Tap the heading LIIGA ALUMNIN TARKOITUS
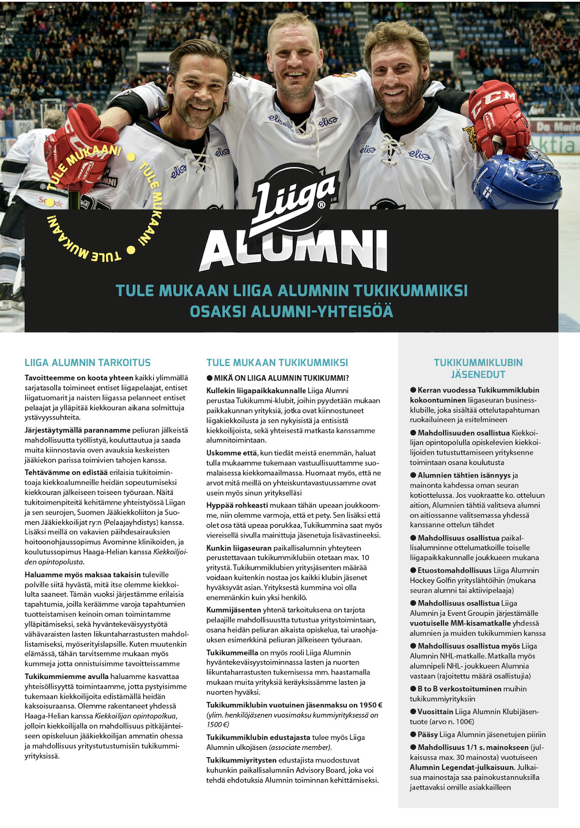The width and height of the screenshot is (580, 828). coord(87,363)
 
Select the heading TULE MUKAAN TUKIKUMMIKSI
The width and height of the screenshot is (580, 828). coord(277,363)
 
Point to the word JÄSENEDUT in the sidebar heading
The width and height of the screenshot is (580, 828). coord(478,375)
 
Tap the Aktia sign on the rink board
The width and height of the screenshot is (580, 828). coord(553,143)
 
